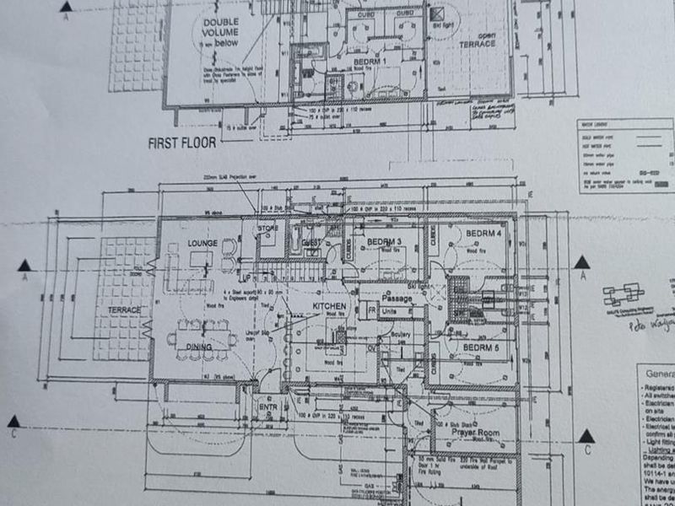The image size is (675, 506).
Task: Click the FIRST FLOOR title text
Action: click(x=181, y=143)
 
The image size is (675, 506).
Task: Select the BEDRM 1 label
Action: click(x=369, y=62)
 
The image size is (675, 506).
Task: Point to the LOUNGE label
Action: click(x=203, y=244)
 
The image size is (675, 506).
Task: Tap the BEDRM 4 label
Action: click(x=483, y=234)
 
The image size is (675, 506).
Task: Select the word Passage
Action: click(x=397, y=298)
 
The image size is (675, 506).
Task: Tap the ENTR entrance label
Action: click(x=268, y=408)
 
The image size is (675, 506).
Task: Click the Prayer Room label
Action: click(x=475, y=433)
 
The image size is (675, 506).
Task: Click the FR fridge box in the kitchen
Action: click(x=371, y=310)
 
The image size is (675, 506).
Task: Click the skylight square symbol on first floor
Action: click(x=437, y=14)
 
